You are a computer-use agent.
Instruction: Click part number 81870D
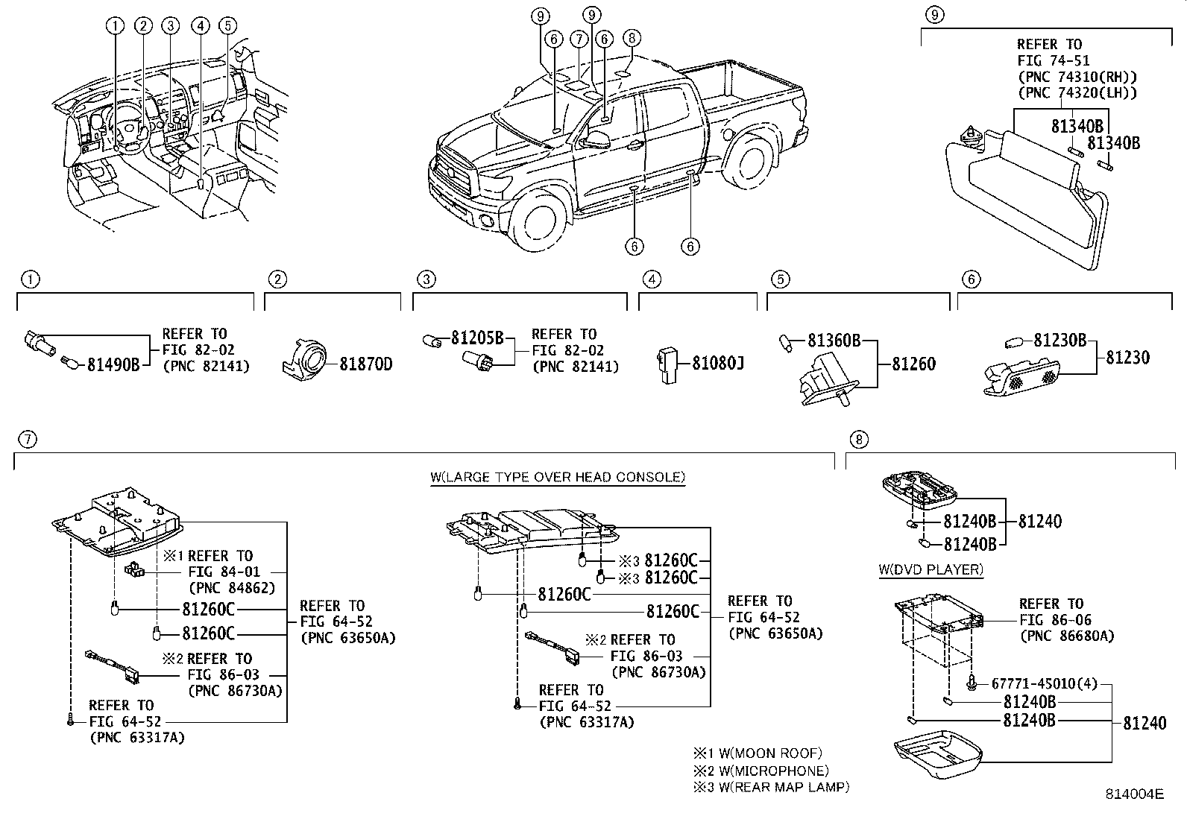[366, 364]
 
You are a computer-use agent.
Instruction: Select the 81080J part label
[718, 363]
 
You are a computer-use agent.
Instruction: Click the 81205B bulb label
[477, 338]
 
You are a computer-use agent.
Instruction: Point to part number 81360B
[834, 341]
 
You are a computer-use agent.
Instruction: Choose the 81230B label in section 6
[1060, 341]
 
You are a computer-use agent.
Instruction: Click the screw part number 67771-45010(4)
[1045, 683]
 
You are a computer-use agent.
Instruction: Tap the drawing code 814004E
[1134, 794]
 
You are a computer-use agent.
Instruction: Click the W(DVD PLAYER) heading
[931, 570]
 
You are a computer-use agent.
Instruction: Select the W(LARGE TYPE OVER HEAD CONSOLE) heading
[558, 477]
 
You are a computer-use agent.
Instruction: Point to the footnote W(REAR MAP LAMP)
[781, 786]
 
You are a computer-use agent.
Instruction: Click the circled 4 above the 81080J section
[652, 279]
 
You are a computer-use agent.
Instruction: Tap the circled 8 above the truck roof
[632, 37]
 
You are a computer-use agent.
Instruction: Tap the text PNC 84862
[231, 587]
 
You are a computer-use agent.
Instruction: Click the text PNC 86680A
[1066, 636]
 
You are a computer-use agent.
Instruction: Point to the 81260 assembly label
[913, 364]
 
